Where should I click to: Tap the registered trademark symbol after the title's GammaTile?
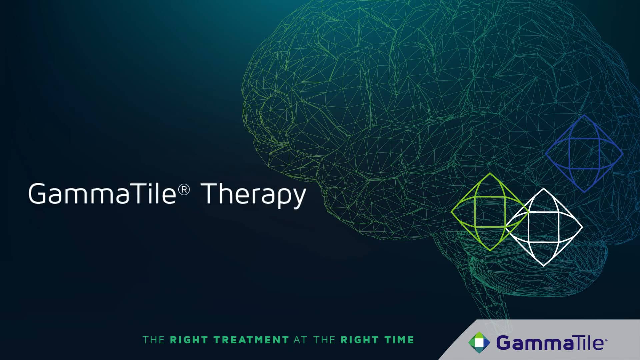point(184,189)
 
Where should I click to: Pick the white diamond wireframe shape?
point(544,227)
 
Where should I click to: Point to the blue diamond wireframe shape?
point(584,154)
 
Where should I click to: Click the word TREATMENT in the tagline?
point(251,340)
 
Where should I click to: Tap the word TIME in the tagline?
point(399,340)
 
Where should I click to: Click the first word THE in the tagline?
point(154,340)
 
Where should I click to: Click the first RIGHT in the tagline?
point(189,340)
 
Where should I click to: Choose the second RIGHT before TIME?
point(359,340)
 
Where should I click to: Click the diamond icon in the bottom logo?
point(479,342)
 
